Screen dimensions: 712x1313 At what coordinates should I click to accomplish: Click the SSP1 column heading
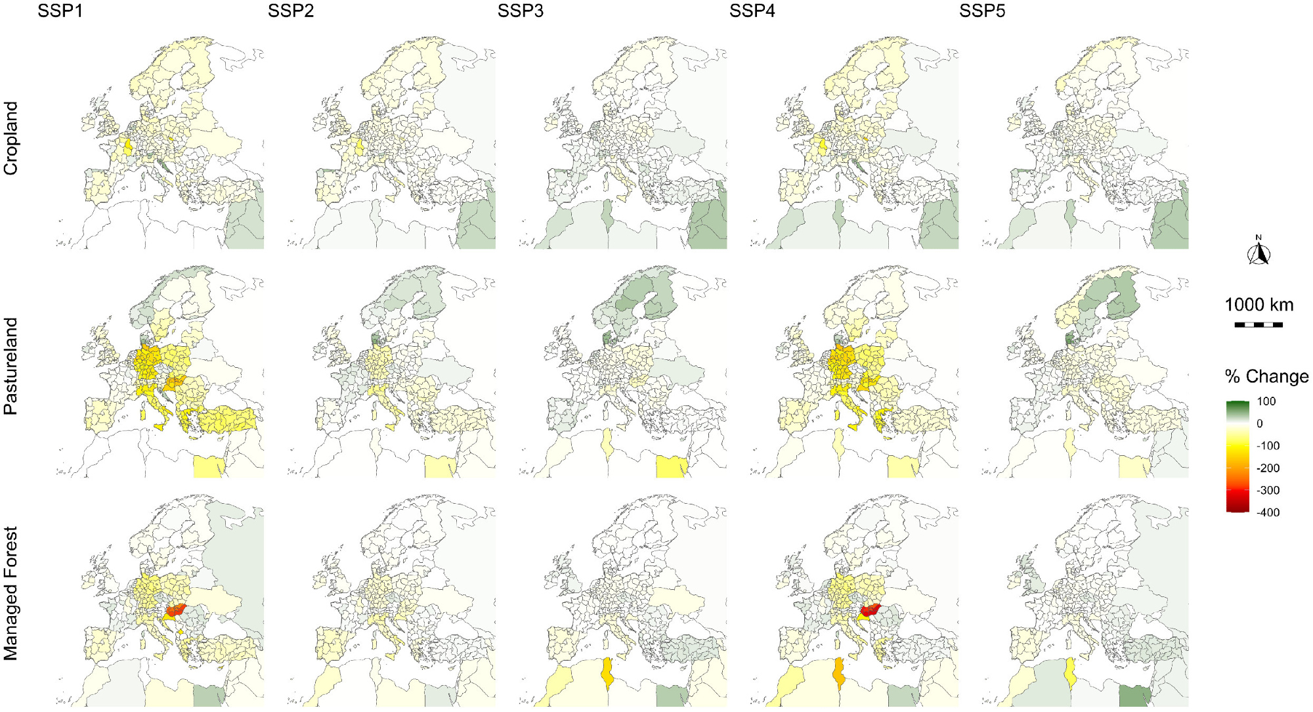point(60,11)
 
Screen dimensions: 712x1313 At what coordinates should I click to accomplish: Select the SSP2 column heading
point(290,11)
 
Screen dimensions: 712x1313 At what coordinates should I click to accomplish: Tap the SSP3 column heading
point(520,11)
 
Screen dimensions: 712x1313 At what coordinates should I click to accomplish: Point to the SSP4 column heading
point(752,11)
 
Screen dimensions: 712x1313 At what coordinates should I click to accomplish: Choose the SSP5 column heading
point(981,11)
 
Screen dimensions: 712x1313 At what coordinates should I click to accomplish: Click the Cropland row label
point(11,138)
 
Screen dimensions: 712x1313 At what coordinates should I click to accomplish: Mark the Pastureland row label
point(11,366)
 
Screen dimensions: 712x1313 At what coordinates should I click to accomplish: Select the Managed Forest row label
point(11,593)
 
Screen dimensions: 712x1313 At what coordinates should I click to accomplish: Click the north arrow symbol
point(1259,252)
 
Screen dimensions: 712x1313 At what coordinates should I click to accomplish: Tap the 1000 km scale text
point(1259,305)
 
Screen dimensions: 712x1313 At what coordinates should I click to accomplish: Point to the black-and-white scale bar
point(1259,324)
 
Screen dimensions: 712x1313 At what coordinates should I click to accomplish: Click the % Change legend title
point(1266,377)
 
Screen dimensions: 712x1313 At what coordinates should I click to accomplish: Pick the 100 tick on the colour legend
point(1266,401)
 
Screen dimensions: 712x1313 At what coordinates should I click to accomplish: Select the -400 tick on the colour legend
point(1268,512)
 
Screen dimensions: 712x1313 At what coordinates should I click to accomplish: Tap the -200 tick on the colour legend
point(1268,468)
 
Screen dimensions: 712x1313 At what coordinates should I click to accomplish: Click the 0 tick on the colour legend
point(1259,424)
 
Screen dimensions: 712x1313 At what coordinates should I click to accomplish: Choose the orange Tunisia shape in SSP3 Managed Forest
point(607,673)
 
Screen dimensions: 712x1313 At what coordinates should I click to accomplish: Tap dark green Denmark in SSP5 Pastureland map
point(1069,339)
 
